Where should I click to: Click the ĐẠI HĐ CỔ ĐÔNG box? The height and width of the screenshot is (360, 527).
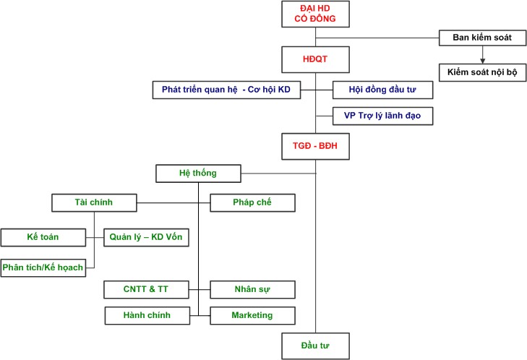(x=315, y=13)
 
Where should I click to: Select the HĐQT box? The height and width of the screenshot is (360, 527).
(x=315, y=57)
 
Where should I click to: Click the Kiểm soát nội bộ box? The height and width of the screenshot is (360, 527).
(x=481, y=72)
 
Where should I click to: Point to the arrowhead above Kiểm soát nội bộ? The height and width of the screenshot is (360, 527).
(x=481, y=60)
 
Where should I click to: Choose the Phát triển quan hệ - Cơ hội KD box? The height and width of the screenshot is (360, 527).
(x=226, y=90)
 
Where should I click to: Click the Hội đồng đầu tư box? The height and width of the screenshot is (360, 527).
(x=382, y=90)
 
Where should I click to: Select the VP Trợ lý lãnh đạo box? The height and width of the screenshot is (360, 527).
(x=382, y=116)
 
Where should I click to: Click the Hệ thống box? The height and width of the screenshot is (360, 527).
(x=197, y=173)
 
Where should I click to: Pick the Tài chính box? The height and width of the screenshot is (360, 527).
(x=94, y=202)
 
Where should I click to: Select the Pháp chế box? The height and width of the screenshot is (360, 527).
(x=252, y=202)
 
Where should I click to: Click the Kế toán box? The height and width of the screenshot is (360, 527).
(x=43, y=237)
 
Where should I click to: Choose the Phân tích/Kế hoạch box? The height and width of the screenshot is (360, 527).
(x=43, y=267)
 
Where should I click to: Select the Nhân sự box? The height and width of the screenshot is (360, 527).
(x=252, y=290)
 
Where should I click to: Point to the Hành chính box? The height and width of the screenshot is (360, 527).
(x=147, y=315)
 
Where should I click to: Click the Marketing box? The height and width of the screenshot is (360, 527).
(x=252, y=315)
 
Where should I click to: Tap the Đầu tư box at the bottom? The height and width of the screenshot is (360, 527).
(x=315, y=345)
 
